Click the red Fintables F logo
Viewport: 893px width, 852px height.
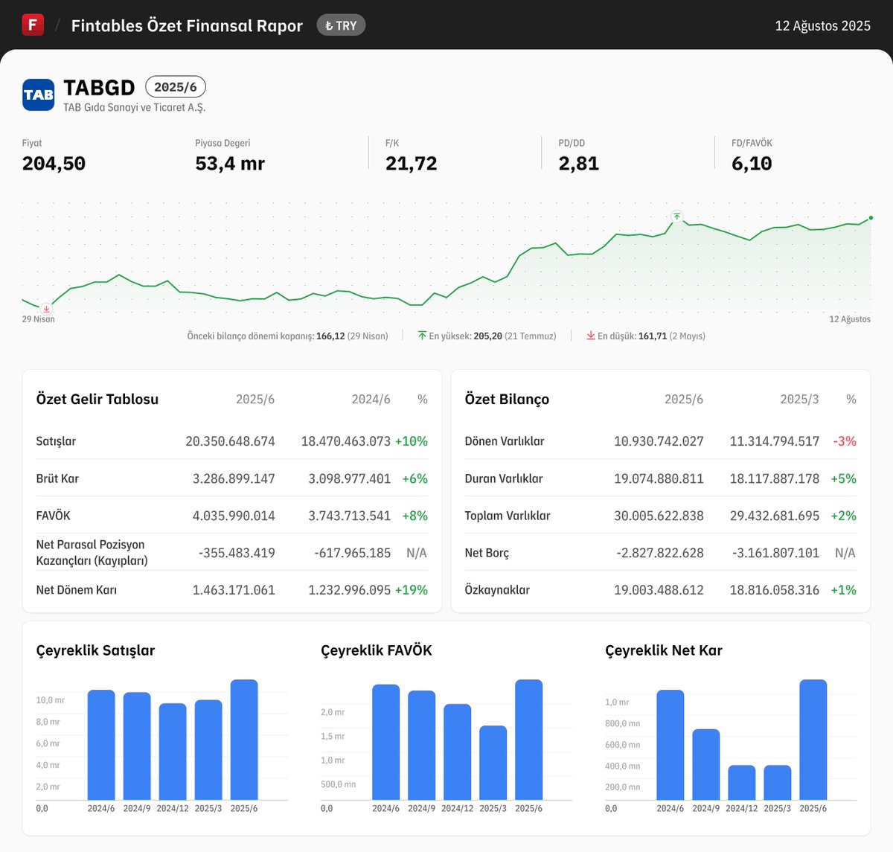33,25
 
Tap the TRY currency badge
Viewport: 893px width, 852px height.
341,25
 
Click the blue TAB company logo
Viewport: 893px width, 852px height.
38,95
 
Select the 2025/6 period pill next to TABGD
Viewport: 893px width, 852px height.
175,87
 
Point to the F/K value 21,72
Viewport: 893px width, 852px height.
411,164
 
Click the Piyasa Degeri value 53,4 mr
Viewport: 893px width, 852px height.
230,164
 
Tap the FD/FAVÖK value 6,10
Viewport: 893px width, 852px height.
752,164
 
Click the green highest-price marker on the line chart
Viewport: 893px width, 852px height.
676,217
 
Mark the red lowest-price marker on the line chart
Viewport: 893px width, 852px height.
46,309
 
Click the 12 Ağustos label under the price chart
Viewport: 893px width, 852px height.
850,319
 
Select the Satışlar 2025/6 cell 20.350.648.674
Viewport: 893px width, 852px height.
230,441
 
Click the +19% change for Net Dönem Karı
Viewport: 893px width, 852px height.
412,590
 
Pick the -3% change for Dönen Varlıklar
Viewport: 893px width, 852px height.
845,441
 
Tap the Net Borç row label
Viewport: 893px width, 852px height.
487,553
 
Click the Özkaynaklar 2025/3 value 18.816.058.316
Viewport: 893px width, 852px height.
774,590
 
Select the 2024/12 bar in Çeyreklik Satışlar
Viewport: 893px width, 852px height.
173,752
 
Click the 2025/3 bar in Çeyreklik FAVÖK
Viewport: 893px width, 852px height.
493,763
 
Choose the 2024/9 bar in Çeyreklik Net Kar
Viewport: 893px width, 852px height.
705,764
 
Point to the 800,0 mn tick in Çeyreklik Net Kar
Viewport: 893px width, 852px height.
622,723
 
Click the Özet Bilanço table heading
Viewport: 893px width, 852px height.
507,400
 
